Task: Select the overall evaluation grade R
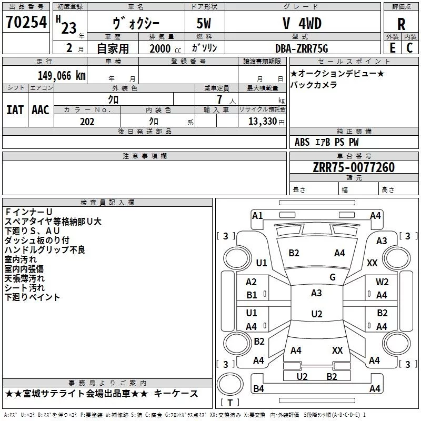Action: (x=402, y=24)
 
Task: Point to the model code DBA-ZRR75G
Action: (x=301, y=48)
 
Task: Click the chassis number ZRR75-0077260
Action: (x=354, y=167)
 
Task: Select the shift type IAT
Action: (x=15, y=110)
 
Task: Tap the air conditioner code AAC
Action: (x=41, y=110)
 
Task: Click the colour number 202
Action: (x=87, y=122)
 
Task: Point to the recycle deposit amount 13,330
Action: (x=263, y=122)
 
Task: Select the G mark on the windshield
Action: (x=333, y=277)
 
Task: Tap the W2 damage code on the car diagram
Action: (x=382, y=282)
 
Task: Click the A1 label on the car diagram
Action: (x=257, y=215)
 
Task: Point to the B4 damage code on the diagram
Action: (x=258, y=389)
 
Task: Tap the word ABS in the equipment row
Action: (x=302, y=142)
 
